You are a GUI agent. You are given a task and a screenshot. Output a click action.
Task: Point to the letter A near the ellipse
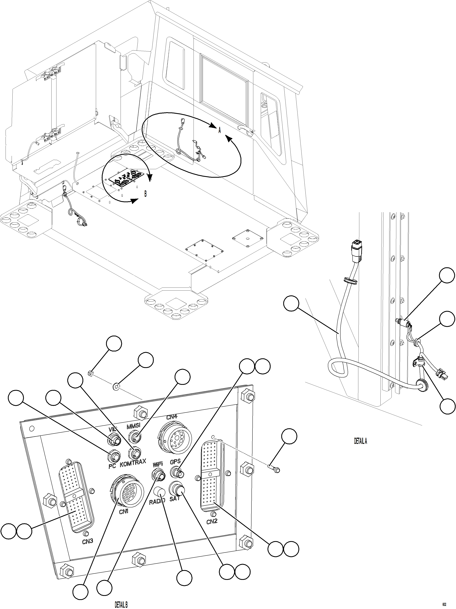[x=219, y=131]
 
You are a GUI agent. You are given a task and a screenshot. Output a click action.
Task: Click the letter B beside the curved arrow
[x=145, y=194]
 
